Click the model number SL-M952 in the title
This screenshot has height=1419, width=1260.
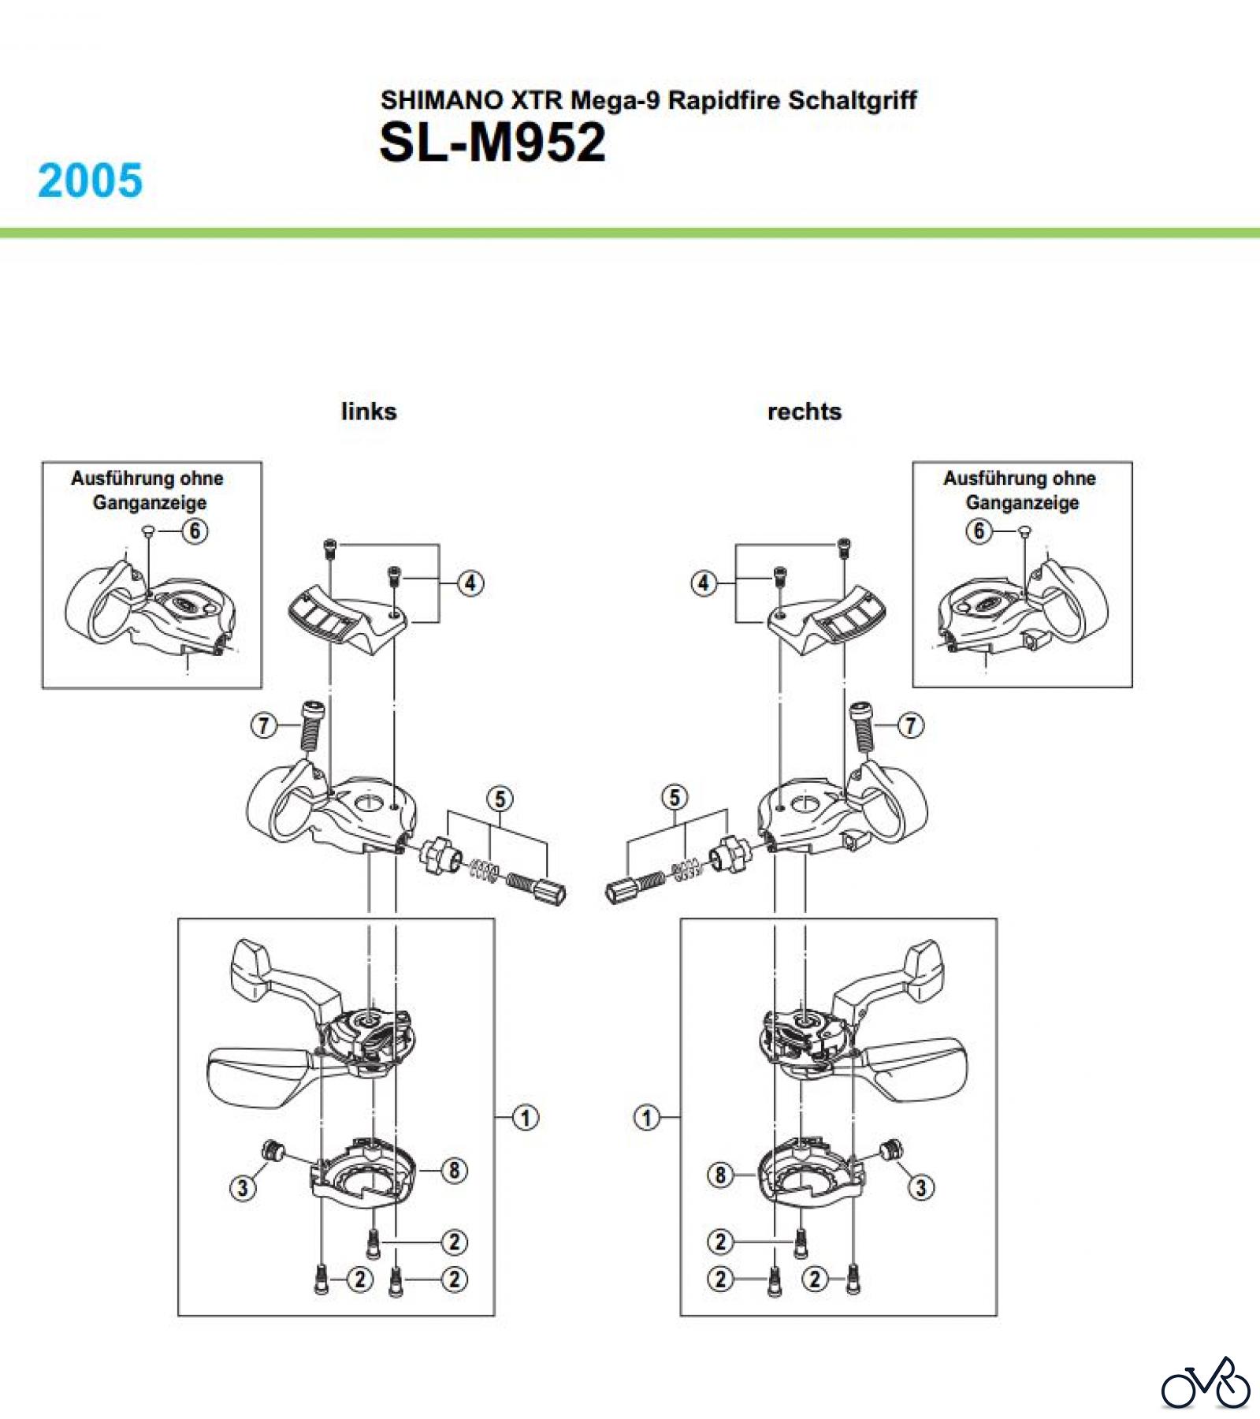pyautogui.click(x=492, y=143)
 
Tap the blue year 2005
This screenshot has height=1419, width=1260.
pyautogui.click(x=90, y=181)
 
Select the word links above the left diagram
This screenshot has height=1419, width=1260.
pyautogui.click(x=369, y=412)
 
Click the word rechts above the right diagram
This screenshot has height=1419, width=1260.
pyautogui.click(x=804, y=412)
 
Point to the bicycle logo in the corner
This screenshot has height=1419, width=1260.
pyautogui.click(x=1205, y=1384)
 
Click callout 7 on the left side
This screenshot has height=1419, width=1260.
pyautogui.click(x=264, y=724)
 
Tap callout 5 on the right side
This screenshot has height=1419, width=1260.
pyautogui.click(x=675, y=798)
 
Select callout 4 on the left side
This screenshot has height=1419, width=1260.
pyautogui.click(x=470, y=583)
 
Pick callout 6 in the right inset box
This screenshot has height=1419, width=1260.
pyautogui.click(x=979, y=531)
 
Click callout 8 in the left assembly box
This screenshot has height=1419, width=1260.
pyautogui.click(x=454, y=1171)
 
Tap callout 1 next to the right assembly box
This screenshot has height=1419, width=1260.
pyautogui.click(x=647, y=1117)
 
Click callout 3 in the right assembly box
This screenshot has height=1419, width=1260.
pyautogui.click(x=921, y=1187)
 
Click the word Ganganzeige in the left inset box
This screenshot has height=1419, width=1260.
pyautogui.click(x=150, y=502)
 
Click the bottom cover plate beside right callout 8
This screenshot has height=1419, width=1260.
pyautogui.click(x=808, y=1176)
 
